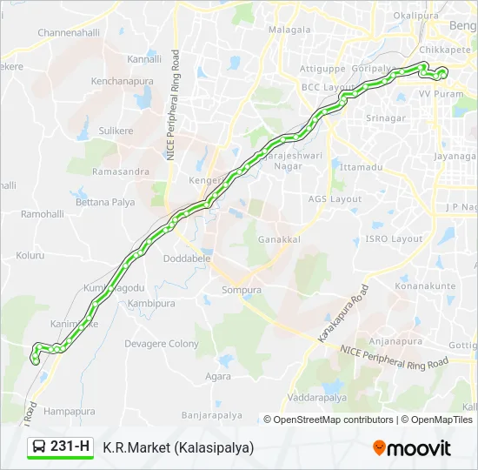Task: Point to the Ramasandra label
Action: (x=121, y=171)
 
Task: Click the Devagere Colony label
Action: (x=162, y=344)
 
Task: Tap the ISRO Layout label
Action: (x=394, y=238)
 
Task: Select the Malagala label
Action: (x=289, y=30)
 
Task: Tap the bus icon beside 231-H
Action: (x=40, y=447)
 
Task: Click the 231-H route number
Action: (x=70, y=447)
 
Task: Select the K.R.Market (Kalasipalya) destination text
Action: (x=178, y=448)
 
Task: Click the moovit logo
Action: (x=412, y=448)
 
